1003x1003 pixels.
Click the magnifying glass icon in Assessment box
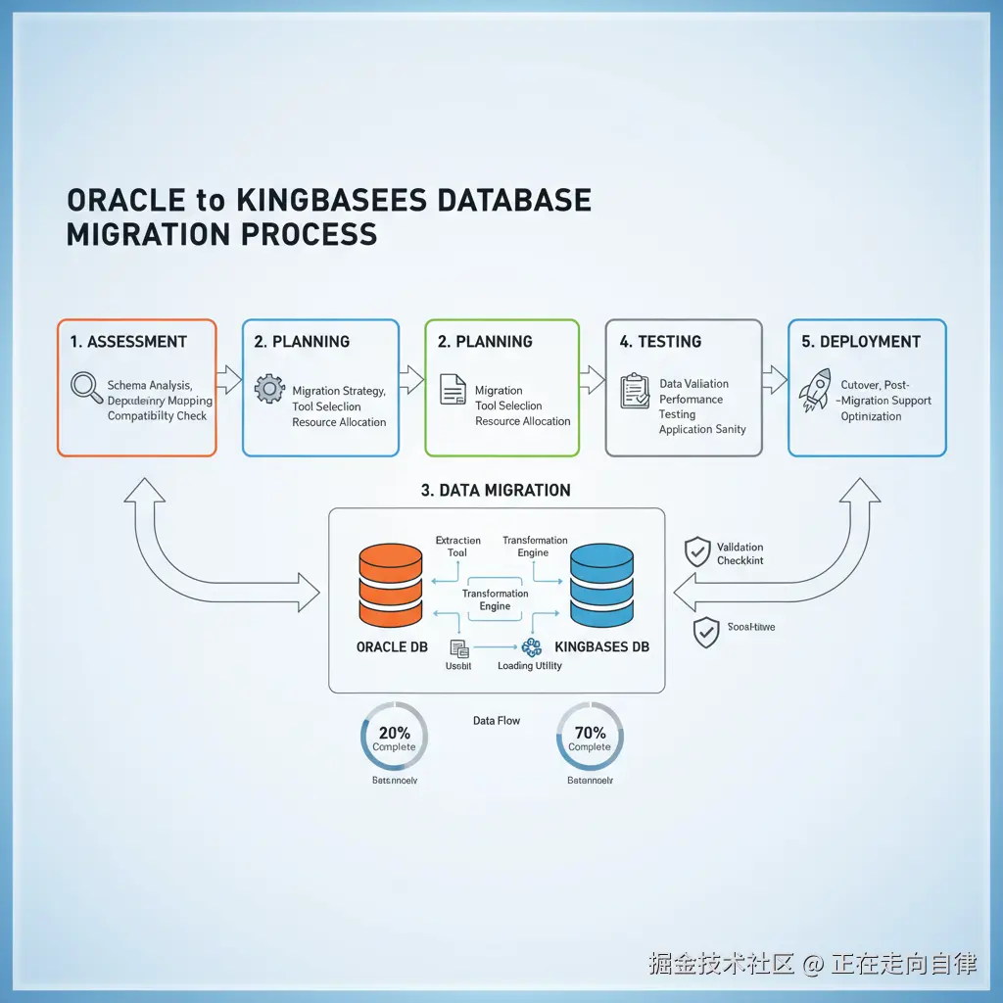click(x=87, y=388)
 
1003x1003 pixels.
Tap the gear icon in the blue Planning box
click(x=269, y=389)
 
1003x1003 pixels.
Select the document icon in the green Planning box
click(x=453, y=389)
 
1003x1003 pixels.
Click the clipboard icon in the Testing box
click(x=635, y=390)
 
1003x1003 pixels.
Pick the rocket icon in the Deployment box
click(x=815, y=389)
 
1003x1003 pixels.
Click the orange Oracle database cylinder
click(x=391, y=586)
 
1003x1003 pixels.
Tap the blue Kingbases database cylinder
click(x=602, y=586)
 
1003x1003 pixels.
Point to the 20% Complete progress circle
click(x=394, y=738)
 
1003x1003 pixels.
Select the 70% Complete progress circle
click(x=589, y=738)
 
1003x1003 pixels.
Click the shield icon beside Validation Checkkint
click(x=696, y=551)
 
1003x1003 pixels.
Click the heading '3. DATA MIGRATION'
click(x=496, y=490)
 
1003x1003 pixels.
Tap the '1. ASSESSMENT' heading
click(x=128, y=342)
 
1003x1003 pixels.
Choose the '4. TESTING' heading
click(x=660, y=342)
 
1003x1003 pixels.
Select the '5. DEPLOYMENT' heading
click(x=861, y=342)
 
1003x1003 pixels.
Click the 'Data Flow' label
click(x=497, y=721)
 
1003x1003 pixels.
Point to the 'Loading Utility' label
click(x=529, y=666)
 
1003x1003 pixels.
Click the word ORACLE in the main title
click(x=126, y=201)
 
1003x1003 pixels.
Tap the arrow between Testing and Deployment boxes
click(x=775, y=380)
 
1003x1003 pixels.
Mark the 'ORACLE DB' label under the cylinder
click(x=392, y=647)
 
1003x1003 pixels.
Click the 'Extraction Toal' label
click(x=457, y=547)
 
